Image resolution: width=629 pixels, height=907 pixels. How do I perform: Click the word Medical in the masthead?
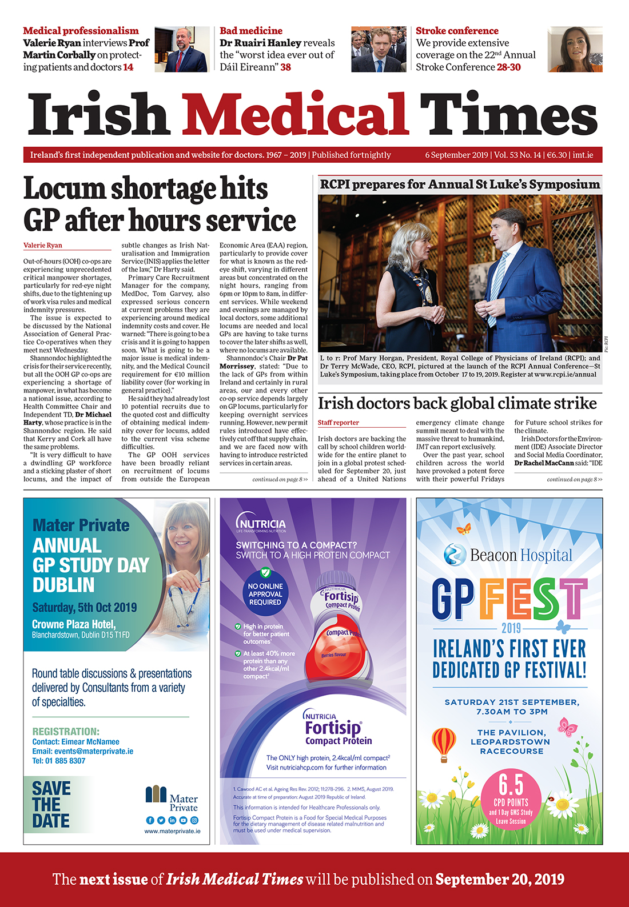tap(295, 114)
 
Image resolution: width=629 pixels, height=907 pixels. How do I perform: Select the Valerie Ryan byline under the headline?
tap(43, 245)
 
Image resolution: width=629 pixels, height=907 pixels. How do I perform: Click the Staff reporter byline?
tap(339, 423)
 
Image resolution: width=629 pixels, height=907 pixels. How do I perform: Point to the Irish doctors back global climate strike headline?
tap(457, 403)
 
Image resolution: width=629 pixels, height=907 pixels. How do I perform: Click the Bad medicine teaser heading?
tap(251, 31)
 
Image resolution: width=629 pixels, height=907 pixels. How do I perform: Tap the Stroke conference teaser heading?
tap(457, 31)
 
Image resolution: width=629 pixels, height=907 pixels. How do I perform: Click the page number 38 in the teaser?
tap(285, 67)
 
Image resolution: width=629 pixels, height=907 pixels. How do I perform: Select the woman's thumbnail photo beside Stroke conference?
tap(575, 49)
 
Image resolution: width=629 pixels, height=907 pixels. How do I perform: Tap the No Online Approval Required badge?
tap(265, 593)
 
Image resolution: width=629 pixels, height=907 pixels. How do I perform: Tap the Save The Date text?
tap(51, 805)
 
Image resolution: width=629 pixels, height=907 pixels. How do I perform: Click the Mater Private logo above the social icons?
tap(171, 797)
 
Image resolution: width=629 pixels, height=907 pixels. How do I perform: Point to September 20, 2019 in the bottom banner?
tap(500, 879)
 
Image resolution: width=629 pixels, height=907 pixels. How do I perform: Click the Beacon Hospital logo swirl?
tap(455, 555)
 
